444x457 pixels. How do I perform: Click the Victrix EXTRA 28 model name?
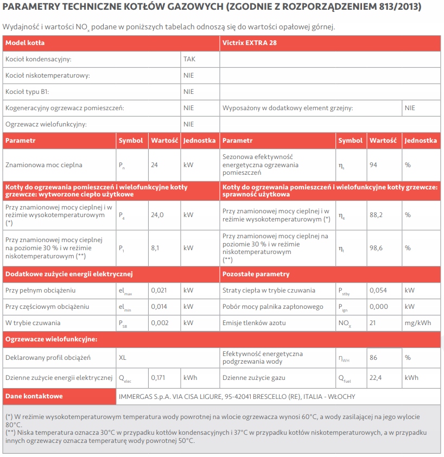point(250,42)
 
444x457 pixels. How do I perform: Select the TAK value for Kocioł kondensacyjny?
point(189,59)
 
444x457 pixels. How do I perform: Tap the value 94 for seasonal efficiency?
point(373,165)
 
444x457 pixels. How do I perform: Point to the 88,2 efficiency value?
point(376,215)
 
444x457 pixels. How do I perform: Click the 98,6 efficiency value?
point(376,248)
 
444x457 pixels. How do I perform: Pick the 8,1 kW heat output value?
point(155,248)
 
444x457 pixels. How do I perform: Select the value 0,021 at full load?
point(159,290)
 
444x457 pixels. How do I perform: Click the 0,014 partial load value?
point(159,307)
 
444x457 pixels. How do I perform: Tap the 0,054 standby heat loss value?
point(378,290)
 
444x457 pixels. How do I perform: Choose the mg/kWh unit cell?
point(418,323)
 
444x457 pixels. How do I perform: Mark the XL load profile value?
point(123,358)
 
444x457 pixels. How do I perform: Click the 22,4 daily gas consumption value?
point(376,378)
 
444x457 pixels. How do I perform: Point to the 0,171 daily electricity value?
point(158,378)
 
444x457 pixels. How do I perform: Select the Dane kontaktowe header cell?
point(34,396)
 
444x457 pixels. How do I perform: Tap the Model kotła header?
point(25,42)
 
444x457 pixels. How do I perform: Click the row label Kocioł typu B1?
point(27,92)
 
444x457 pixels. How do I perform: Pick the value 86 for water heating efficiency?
point(373,358)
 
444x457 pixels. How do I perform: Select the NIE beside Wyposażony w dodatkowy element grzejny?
point(410,108)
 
